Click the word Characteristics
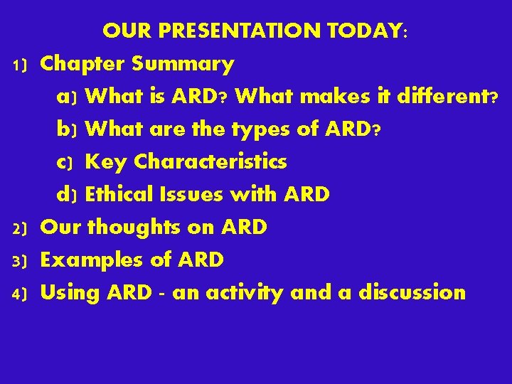click(210, 161)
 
